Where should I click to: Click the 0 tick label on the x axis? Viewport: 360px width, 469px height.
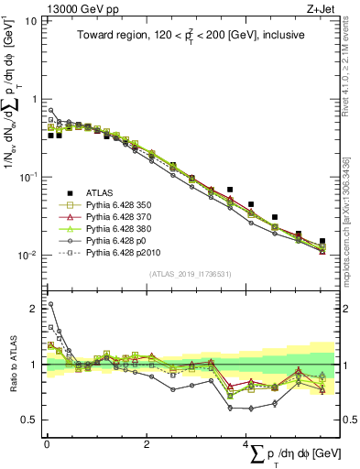click(47, 442)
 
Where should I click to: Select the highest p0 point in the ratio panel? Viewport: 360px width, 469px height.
click(50, 304)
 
